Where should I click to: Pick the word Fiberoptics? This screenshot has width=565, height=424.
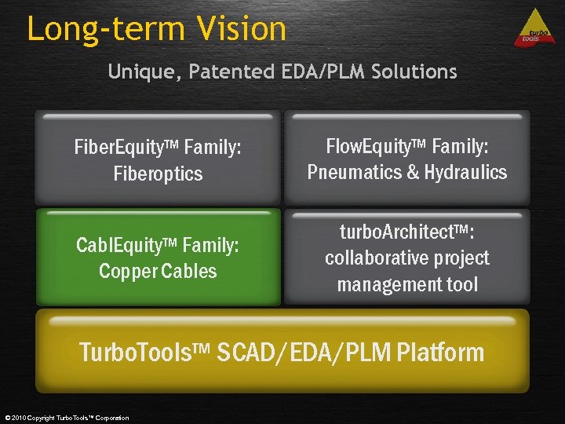point(158,174)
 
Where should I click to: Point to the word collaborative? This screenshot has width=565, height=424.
point(374,258)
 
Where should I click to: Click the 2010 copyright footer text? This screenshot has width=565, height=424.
point(66,418)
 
